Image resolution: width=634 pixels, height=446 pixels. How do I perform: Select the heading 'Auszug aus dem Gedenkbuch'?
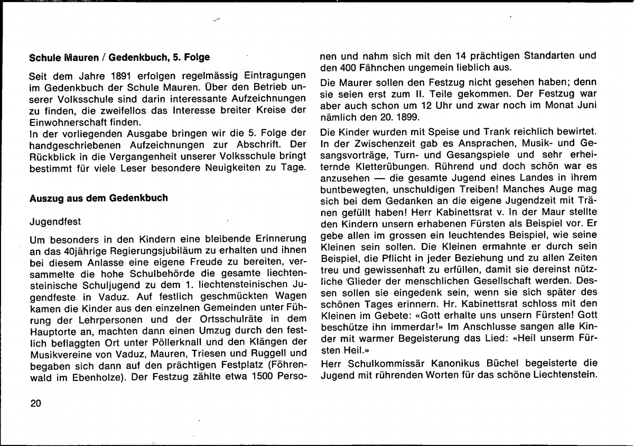[x=98, y=198]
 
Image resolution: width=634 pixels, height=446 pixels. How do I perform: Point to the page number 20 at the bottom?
[x=36, y=403]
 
